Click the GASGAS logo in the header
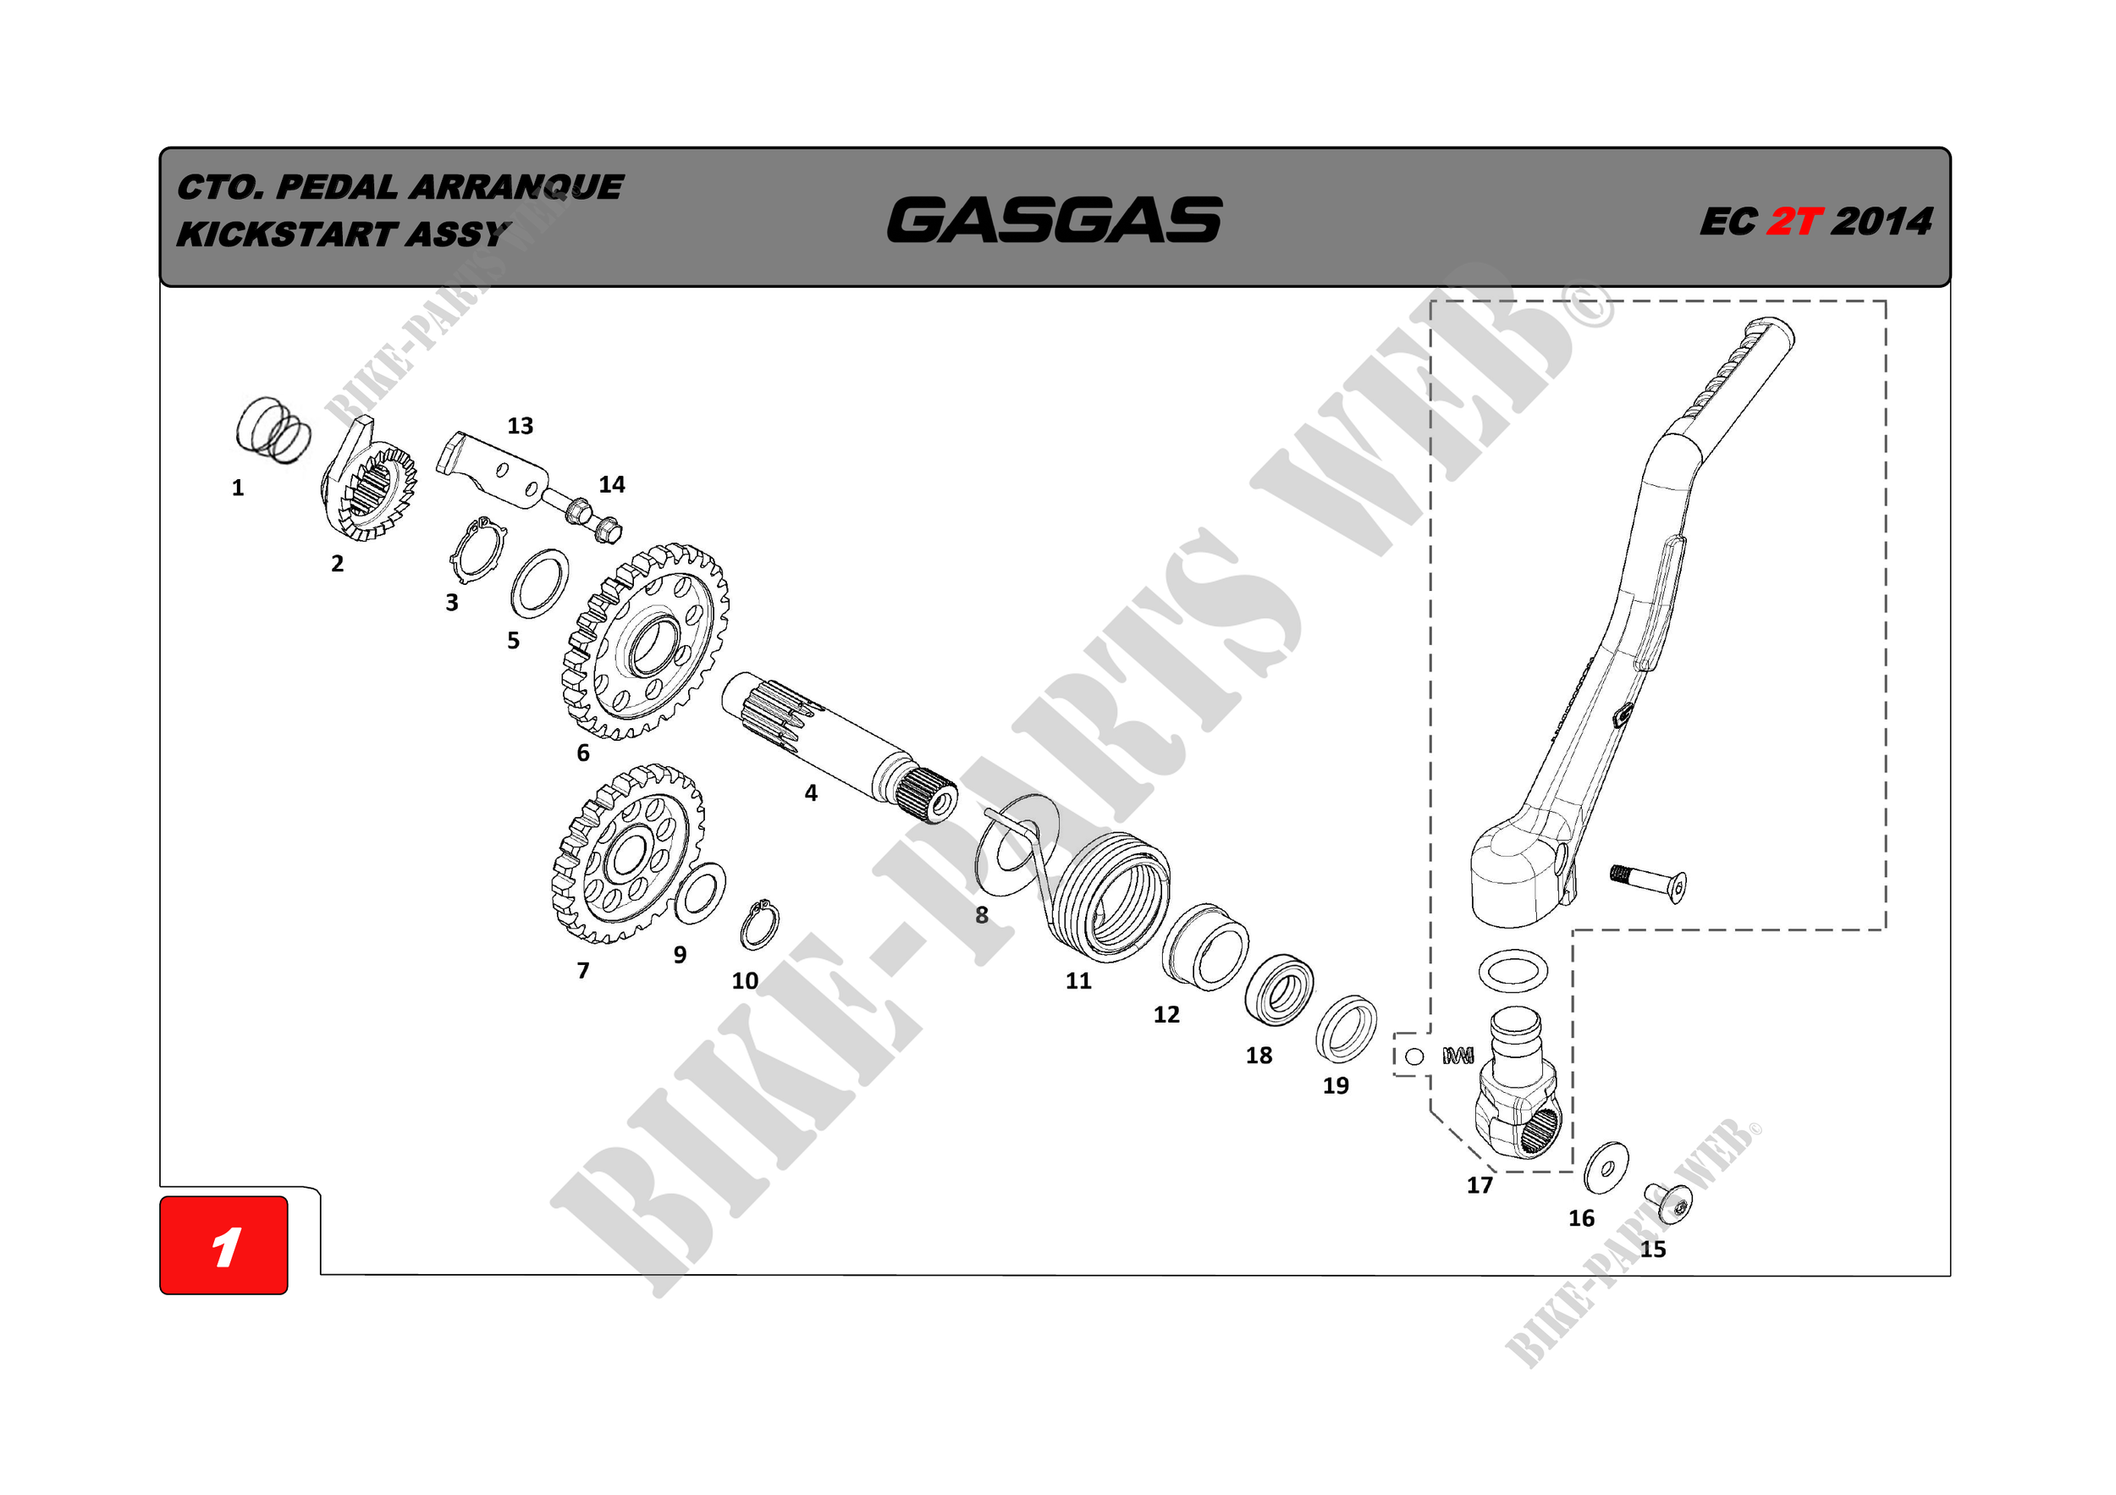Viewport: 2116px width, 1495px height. click(x=1055, y=219)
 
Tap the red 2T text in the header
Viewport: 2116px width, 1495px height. click(x=1794, y=221)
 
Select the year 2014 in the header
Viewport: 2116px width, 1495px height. click(x=1880, y=221)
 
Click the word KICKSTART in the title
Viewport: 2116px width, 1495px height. click(x=287, y=234)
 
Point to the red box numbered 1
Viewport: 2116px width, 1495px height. click(x=224, y=1245)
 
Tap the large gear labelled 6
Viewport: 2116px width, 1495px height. click(x=645, y=642)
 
